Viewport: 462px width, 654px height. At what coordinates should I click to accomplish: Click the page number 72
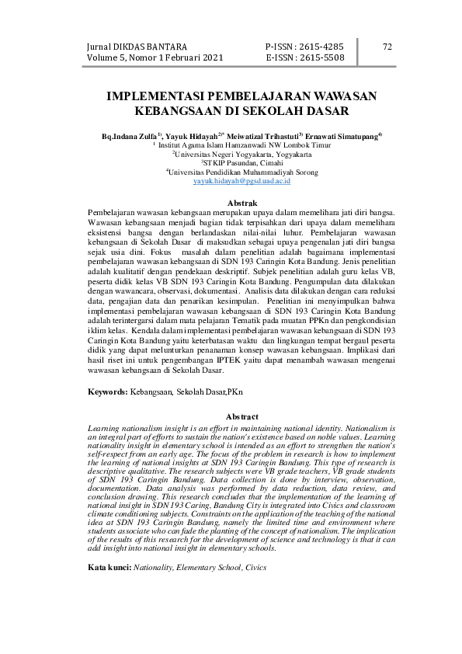coord(388,47)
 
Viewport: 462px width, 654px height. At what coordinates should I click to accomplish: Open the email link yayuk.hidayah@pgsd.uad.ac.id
coord(231,179)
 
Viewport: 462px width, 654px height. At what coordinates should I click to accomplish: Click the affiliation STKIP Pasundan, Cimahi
coord(232,162)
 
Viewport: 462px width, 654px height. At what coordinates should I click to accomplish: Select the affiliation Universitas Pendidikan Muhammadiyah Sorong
coord(231,171)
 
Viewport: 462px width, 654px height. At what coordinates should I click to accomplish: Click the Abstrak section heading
coord(231,203)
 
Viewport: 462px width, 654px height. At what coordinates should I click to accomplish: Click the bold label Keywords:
coord(107,394)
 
